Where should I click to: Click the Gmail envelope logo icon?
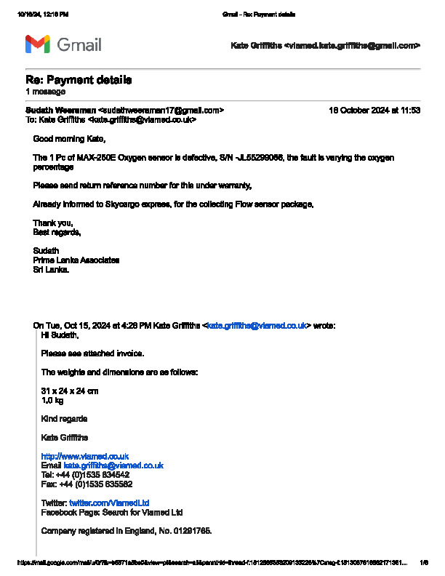click(x=37, y=44)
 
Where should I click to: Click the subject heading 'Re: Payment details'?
click(x=79, y=80)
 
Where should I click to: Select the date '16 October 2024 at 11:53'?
click(x=374, y=111)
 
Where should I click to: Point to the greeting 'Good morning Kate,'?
click(x=69, y=139)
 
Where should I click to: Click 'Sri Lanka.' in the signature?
click(x=52, y=269)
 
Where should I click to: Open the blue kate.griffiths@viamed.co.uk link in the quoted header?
click(x=256, y=326)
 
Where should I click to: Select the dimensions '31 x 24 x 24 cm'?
click(x=70, y=391)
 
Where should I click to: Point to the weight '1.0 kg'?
click(x=52, y=401)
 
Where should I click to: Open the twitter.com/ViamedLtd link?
click(x=109, y=503)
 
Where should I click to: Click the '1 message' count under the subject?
click(x=45, y=92)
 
